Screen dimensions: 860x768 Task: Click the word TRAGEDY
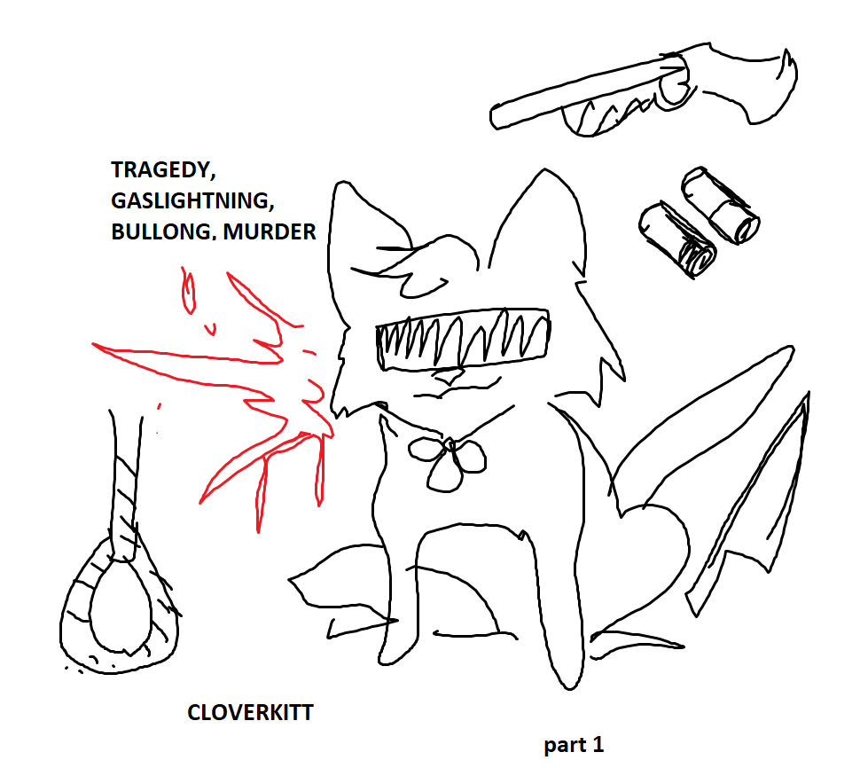point(163,170)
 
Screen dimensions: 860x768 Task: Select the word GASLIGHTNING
point(192,200)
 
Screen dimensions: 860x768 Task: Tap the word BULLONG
point(161,231)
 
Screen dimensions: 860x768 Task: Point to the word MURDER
point(270,231)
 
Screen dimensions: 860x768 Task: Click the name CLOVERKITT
point(250,713)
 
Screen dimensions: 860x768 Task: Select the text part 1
point(574,745)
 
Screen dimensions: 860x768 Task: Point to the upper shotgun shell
point(721,205)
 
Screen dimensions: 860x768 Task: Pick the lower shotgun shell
point(677,239)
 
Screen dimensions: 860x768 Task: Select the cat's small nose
point(450,378)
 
